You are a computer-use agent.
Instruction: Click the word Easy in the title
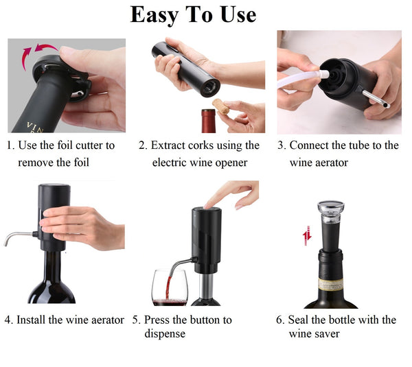(x=154, y=15)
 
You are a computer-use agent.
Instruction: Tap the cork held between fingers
(x=221, y=106)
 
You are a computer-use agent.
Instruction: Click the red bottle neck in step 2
(x=208, y=121)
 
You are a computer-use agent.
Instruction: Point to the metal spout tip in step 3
(x=386, y=105)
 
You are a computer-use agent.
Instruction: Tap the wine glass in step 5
(x=170, y=287)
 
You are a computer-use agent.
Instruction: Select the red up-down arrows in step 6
(x=307, y=235)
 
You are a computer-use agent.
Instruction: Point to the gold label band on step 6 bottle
(x=331, y=284)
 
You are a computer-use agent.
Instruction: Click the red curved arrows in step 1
(x=37, y=54)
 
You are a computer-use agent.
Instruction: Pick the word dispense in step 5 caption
(x=165, y=334)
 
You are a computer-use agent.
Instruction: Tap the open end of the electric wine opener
(x=210, y=88)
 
